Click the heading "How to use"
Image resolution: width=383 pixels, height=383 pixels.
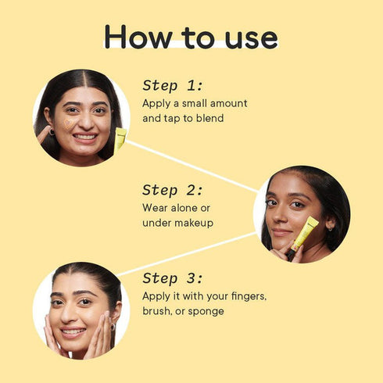pos(191,36)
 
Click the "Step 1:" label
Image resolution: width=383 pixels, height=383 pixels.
pos(173,86)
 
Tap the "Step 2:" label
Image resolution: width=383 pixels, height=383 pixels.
pos(173,190)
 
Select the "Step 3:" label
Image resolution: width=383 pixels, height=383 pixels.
pos(173,279)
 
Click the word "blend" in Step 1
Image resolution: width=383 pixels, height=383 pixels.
pos(209,119)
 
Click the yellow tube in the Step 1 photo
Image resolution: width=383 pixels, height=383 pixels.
pos(120,139)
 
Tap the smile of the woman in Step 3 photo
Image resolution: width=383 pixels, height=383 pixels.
pos(75,331)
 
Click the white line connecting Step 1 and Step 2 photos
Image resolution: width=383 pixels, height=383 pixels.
pos(191,166)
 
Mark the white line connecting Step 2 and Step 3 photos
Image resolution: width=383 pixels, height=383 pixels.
pos(188,252)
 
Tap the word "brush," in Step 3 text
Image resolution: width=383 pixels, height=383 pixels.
pos(159,311)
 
